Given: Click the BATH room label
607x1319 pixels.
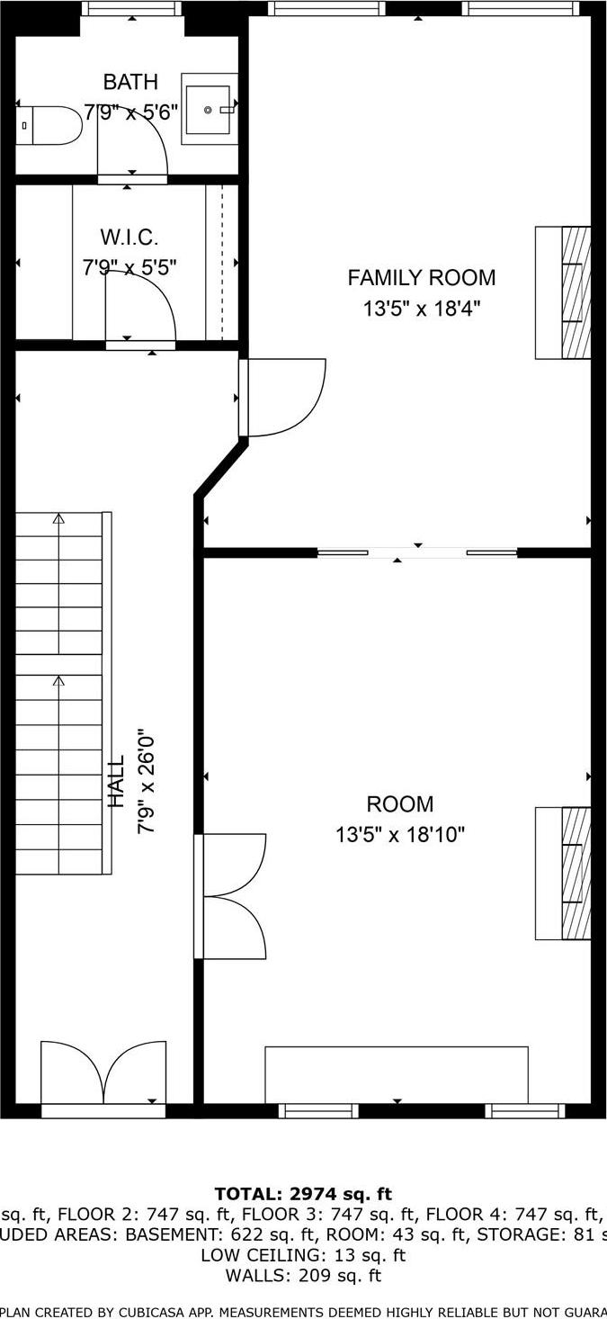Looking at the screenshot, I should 130,83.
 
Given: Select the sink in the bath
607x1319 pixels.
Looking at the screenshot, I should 209,110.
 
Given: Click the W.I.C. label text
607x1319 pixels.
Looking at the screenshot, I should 129,238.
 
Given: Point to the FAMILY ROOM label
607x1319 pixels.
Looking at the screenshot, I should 421,278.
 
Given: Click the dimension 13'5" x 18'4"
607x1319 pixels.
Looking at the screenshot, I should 421,309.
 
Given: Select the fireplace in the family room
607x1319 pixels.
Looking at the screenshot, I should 564,292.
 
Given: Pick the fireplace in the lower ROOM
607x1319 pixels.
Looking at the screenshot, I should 564,873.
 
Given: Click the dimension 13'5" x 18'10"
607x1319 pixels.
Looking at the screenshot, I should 399,835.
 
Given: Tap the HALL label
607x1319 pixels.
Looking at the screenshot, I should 117,781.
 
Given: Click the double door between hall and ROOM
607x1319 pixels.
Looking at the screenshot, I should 232,896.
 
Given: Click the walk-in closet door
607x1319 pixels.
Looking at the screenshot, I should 140,306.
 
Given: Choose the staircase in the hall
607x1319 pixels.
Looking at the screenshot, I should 59,693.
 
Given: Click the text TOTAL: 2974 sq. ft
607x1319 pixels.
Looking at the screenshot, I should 303,1194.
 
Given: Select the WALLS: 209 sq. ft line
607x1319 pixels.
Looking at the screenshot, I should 303,1275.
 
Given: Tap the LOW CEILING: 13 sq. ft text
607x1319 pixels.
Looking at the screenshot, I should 303,1255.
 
